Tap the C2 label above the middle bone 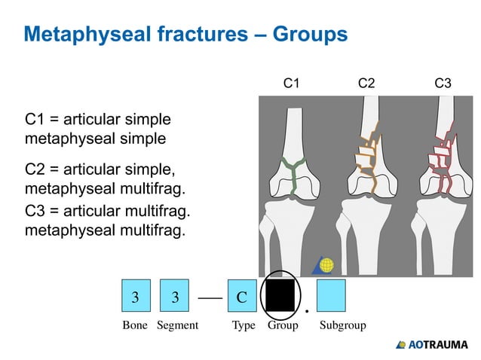pos(366,84)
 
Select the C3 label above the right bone pos(443,84)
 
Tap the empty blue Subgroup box pos(331,296)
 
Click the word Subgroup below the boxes pos(342,326)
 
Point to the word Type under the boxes pos(243,326)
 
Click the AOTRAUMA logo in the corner pos(432,345)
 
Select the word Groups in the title pos(310,35)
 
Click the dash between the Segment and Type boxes pos(209,297)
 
